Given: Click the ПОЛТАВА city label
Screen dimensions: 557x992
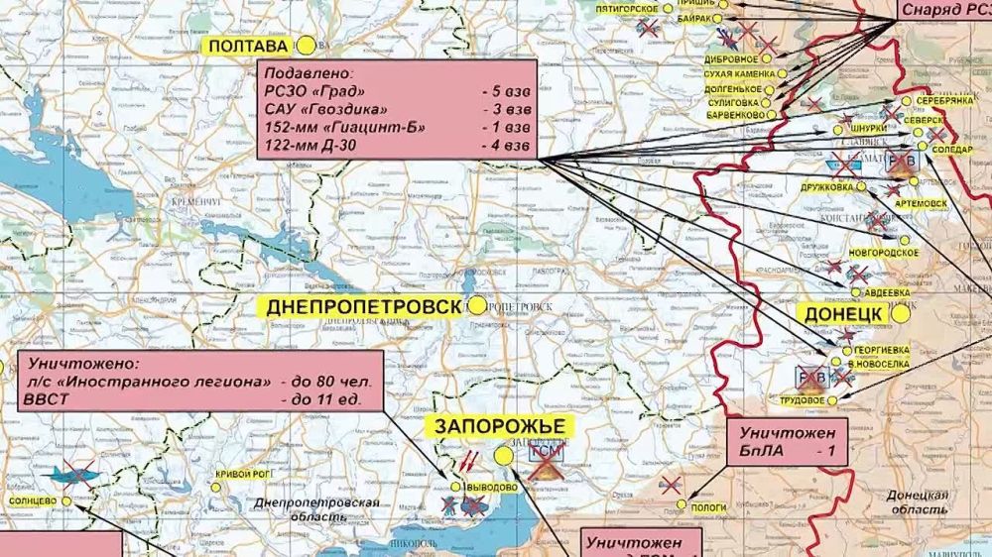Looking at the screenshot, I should click(x=246, y=46).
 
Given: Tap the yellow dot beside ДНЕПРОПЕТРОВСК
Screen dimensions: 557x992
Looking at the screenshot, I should click(x=478, y=306).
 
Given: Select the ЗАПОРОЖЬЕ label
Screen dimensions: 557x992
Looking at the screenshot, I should click(x=499, y=426).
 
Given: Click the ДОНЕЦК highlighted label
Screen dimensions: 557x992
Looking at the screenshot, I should click(x=842, y=313).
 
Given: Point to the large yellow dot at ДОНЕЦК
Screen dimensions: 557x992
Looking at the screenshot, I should click(x=900, y=313).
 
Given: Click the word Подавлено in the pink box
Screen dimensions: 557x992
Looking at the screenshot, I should click(x=308, y=72).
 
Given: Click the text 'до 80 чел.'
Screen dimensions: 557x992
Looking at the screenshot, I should click(x=325, y=382).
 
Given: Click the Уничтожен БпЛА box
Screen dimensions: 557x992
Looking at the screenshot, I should click(x=787, y=442).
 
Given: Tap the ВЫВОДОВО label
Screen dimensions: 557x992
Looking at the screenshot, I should click(x=492, y=488).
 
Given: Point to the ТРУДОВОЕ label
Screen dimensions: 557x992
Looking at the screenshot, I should click(x=802, y=400).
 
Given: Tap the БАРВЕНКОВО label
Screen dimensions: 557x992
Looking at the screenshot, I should click(x=734, y=116).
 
